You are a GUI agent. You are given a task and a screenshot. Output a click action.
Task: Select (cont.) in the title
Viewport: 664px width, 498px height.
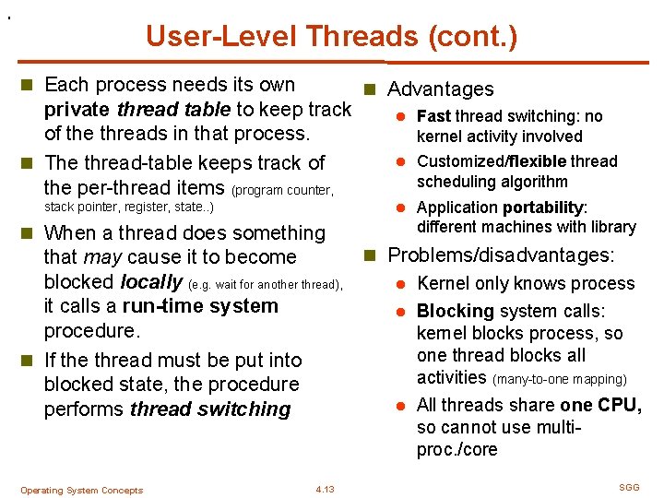[471, 37]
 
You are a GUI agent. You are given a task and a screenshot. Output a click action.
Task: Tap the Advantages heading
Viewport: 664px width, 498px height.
[440, 89]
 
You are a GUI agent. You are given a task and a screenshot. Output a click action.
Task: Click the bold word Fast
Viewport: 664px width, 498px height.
[433, 116]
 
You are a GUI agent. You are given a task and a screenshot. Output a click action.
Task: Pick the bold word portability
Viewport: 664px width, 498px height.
[538, 207]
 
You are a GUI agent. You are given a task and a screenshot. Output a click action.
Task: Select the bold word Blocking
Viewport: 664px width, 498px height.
[456, 312]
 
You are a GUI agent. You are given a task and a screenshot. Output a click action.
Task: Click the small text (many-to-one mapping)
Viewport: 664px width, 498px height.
[560, 379]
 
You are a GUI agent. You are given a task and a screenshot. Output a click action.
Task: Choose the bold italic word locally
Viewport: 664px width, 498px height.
[151, 282]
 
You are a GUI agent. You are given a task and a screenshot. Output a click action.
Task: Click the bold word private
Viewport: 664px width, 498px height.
[78, 110]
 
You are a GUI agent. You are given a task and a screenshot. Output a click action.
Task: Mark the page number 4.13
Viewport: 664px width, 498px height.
[325, 490]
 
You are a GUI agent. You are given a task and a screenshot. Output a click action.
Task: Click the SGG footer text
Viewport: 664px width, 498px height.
[629, 486]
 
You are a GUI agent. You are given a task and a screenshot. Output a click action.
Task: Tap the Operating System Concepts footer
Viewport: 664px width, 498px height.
[81, 491]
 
